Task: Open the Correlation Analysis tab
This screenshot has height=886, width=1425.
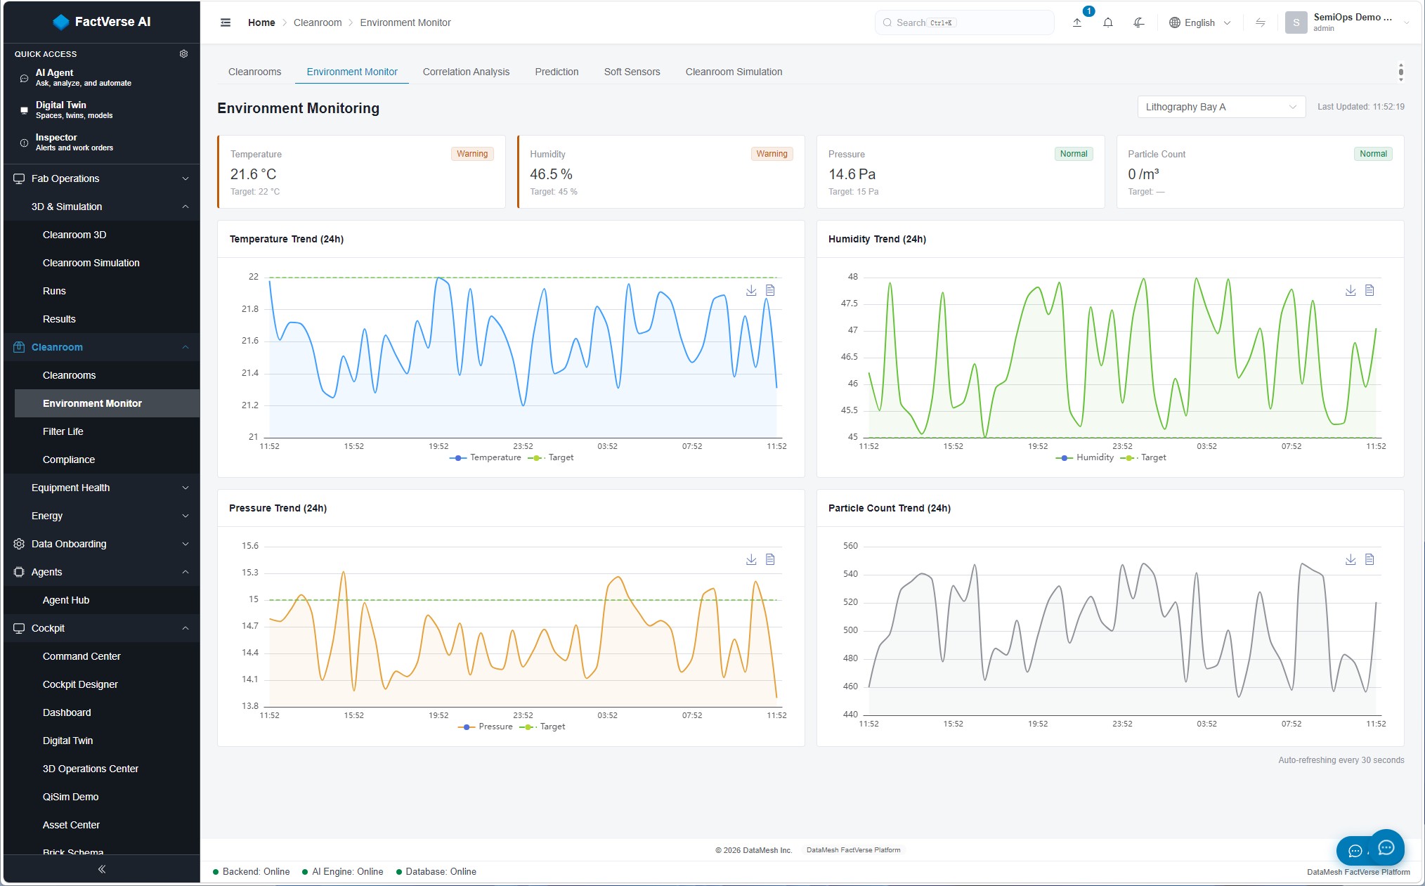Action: [466, 72]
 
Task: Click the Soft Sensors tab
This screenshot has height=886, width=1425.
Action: [632, 72]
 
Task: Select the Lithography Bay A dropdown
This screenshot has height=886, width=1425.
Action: [1221, 107]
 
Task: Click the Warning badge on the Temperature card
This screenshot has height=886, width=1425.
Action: [472, 154]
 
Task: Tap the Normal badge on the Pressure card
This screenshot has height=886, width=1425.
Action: [1074, 154]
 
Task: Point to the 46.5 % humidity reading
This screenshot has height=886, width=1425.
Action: [551, 174]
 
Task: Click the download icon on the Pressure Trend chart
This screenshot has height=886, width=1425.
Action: [751, 559]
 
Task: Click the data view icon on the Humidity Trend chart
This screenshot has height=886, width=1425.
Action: [1369, 290]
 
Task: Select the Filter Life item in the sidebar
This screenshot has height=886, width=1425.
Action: [63, 431]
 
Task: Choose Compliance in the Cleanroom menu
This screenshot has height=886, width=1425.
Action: [69, 460]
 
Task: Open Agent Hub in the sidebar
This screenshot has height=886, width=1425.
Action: [66, 600]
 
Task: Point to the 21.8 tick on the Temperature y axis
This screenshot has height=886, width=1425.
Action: [250, 309]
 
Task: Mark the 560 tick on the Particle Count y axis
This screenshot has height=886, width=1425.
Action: [850, 546]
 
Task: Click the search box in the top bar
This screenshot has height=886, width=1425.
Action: [965, 22]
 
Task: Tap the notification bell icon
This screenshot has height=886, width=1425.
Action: [1108, 22]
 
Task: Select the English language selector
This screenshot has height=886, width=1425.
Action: [1199, 22]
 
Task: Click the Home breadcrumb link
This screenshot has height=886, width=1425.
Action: [261, 22]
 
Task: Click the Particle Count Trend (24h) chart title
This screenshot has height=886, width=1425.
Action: [890, 508]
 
